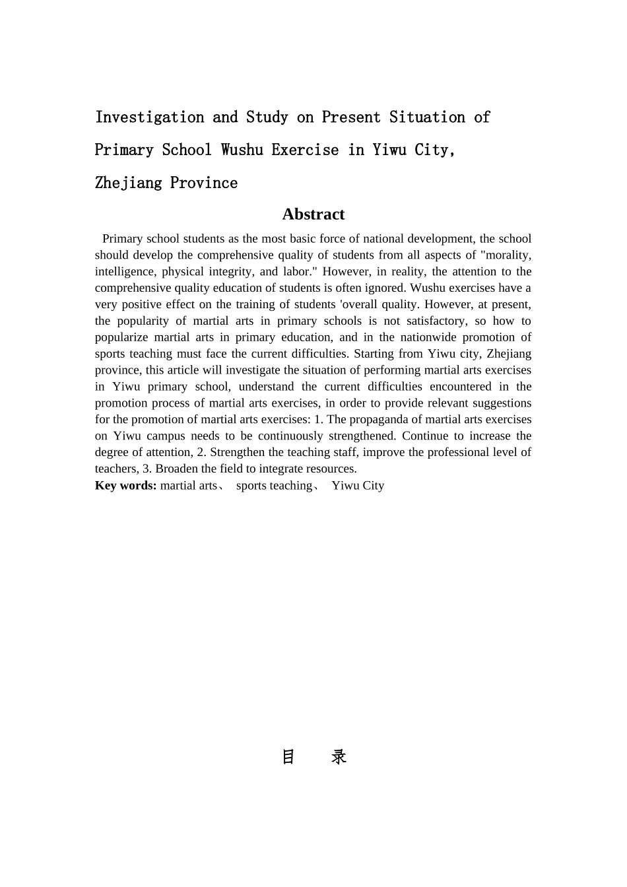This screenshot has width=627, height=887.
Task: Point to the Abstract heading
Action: click(x=313, y=214)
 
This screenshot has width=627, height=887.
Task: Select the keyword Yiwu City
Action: click(x=358, y=486)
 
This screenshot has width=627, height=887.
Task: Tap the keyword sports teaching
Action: click(x=274, y=486)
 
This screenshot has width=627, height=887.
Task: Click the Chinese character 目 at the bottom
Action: click(x=288, y=757)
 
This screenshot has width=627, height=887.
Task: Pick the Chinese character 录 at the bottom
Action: click(x=339, y=757)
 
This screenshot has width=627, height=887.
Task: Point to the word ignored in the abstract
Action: click(x=387, y=288)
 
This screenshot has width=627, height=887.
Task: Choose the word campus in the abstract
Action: click(x=166, y=436)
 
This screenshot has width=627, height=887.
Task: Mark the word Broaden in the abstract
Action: click(x=176, y=469)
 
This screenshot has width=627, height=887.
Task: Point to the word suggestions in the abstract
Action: click(x=502, y=403)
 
